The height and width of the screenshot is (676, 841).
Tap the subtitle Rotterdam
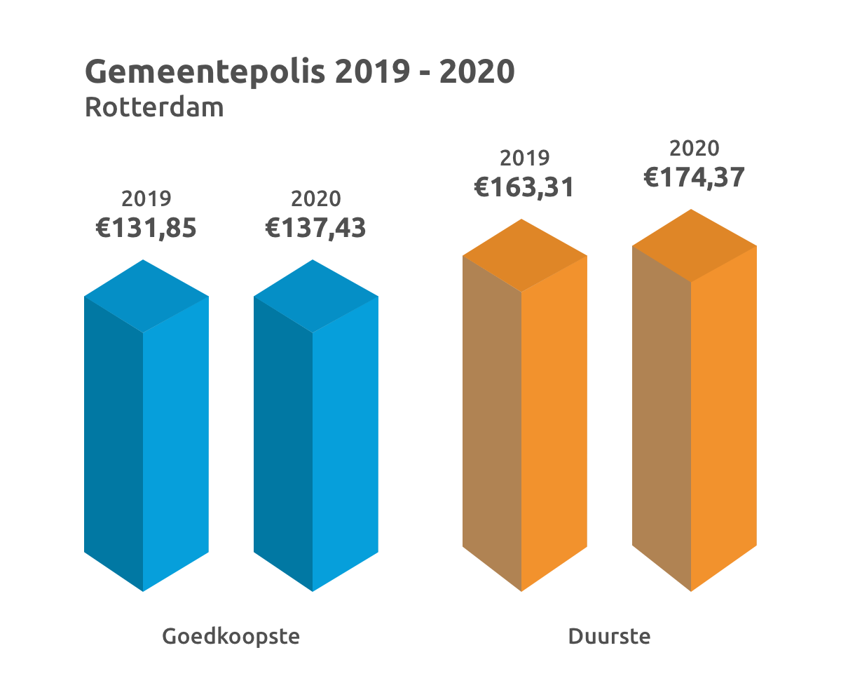(154, 108)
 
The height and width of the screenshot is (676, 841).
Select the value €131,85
(146, 229)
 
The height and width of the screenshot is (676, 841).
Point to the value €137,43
(315, 229)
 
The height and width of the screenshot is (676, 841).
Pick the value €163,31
(524, 187)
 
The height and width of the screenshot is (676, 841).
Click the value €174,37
(694, 177)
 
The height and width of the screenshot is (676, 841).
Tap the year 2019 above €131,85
(146, 199)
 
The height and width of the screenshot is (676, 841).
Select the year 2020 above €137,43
(315, 199)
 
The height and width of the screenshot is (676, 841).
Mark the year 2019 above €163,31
(524, 158)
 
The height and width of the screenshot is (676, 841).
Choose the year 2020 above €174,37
(694, 149)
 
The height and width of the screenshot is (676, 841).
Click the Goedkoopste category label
(231, 637)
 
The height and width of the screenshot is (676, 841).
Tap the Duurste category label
(609, 637)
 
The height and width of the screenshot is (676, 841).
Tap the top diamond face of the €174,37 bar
(694, 245)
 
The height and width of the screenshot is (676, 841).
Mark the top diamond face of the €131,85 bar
(146, 296)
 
